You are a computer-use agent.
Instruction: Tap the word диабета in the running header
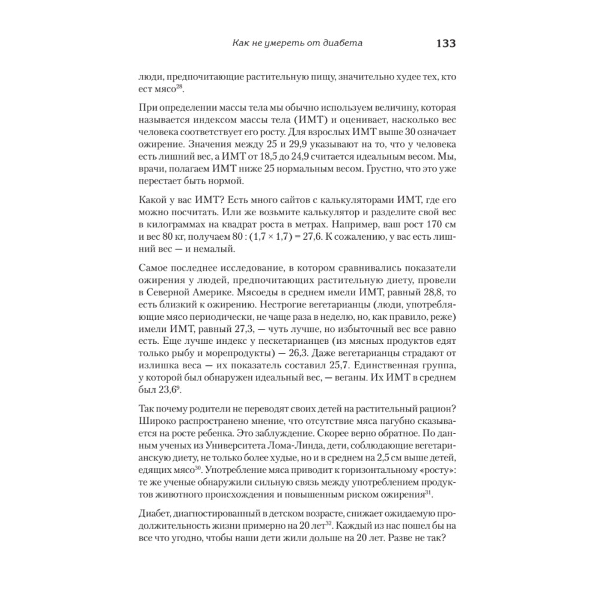tap(340, 44)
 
